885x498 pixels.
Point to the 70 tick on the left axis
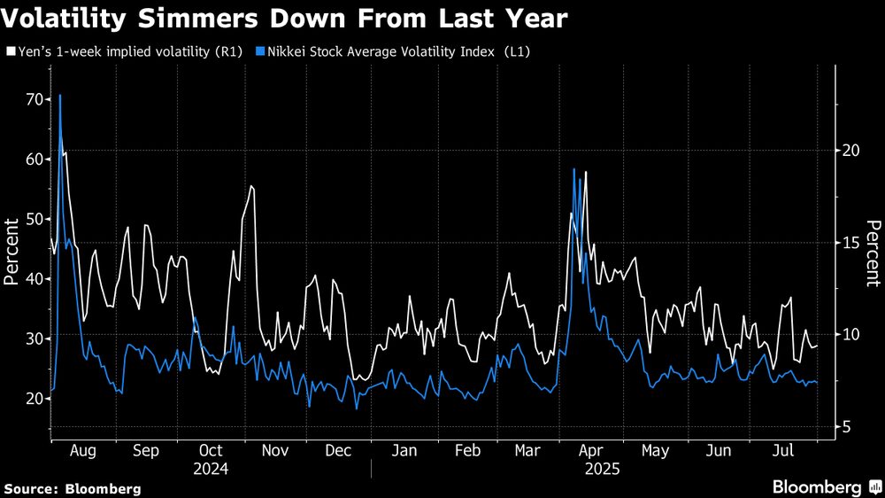coord(34,99)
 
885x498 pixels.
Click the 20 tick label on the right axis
coord(850,151)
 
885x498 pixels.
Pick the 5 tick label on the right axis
coord(846,427)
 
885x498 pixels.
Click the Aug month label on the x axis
coord(82,451)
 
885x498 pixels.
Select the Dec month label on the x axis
coord(339,451)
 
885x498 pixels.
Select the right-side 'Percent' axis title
coord(873,252)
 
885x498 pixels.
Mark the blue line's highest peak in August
coord(59,95)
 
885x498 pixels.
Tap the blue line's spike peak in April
coord(574,168)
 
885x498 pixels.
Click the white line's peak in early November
coord(252,186)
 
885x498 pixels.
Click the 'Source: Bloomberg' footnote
coord(73,488)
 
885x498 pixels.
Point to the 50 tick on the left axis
coord(34,219)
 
